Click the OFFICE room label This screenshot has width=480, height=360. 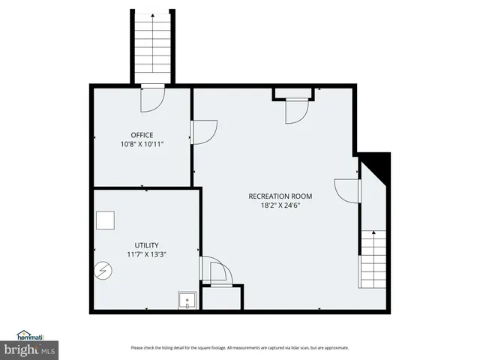pos(142,135)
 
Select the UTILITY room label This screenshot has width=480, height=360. pos(145,245)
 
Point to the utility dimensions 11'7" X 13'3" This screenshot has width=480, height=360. pos(145,254)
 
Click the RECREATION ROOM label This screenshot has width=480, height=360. pos(280,196)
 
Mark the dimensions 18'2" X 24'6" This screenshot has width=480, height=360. pos(280,205)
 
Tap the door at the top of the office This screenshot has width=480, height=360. pos(152,99)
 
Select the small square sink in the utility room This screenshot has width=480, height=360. pos(185,301)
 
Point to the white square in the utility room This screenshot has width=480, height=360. pos(106,220)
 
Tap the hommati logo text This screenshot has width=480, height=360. pos(31,337)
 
